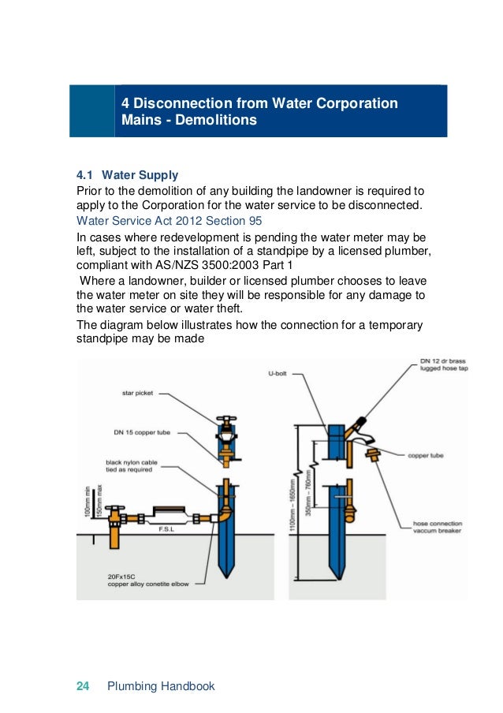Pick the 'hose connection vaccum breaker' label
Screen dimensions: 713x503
point(438,528)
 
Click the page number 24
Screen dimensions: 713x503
point(82,686)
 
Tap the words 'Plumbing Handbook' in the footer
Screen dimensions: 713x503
point(161,686)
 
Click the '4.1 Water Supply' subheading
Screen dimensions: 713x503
point(127,174)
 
